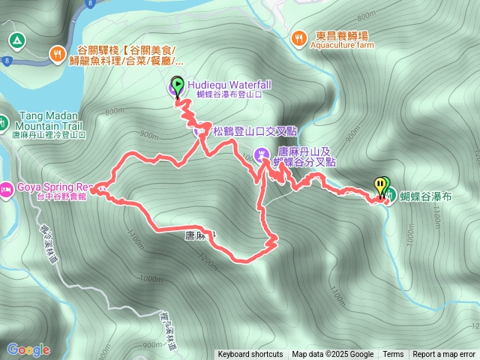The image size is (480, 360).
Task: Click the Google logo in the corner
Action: click(28, 349)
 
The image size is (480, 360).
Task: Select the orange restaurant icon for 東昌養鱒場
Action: click(299, 37)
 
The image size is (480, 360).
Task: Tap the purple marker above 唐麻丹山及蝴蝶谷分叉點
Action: click(261, 155)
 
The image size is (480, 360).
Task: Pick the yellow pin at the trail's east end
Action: click(379, 185)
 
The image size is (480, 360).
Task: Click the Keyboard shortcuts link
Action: click(250, 355)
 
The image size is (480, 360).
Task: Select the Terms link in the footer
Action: click(393, 355)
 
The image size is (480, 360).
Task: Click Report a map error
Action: click(445, 355)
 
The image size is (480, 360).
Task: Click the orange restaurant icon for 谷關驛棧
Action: click(57, 52)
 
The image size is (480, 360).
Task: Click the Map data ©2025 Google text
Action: click(332, 355)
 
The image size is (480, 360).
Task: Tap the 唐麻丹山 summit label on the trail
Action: click(200, 235)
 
